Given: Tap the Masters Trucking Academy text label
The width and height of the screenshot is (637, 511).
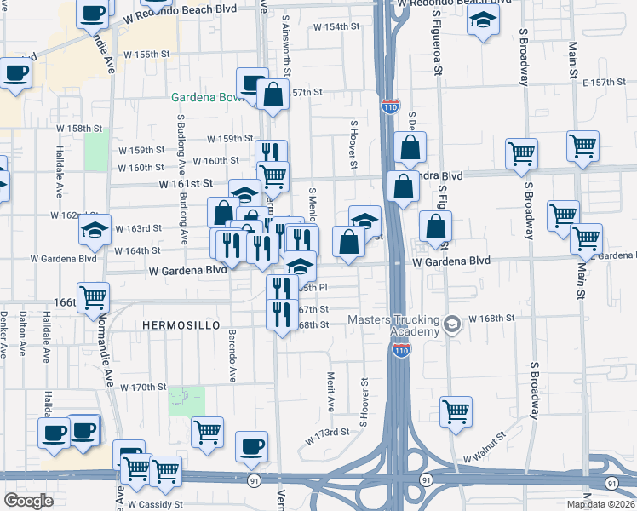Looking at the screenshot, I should pyautogui.click(x=393, y=326).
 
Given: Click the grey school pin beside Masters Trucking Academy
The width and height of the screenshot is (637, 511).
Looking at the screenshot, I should pyautogui.click(x=452, y=323).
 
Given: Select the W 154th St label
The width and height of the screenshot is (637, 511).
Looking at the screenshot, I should pyautogui.click(x=336, y=27).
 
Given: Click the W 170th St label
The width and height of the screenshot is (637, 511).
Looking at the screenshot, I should pyautogui.click(x=142, y=388).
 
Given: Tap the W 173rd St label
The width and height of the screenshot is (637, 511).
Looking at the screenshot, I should pyautogui.click(x=328, y=433).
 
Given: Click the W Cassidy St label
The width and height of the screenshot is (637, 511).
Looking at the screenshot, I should pyautogui.click(x=155, y=504).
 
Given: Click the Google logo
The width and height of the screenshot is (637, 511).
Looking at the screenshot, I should pyautogui.click(x=29, y=501).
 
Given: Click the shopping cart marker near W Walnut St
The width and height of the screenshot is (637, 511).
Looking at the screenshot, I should pyautogui.click(x=456, y=411).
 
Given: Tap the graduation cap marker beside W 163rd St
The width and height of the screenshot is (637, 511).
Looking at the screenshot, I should pyautogui.click(x=95, y=228).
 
